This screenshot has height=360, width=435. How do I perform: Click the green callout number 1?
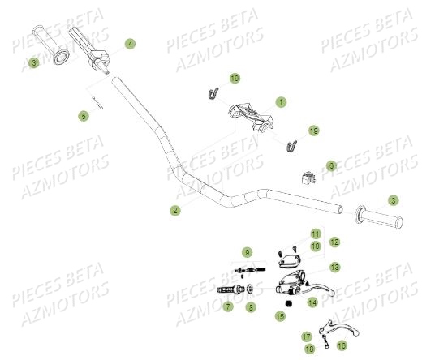pyautogui.click(x=282, y=102)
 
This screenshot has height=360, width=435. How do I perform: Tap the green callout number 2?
pyautogui.click(x=174, y=210)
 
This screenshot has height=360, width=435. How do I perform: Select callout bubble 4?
pyautogui.click(x=130, y=43)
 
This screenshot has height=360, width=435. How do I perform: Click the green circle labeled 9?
pyautogui.click(x=248, y=252)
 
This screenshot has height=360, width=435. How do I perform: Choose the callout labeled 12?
pyautogui.click(x=334, y=242)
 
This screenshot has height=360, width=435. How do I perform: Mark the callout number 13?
pyautogui.click(x=334, y=266)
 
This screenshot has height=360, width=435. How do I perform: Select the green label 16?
pyautogui.click(x=340, y=344)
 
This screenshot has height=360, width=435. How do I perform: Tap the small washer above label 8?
pyautogui.click(x=252, y=288)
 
